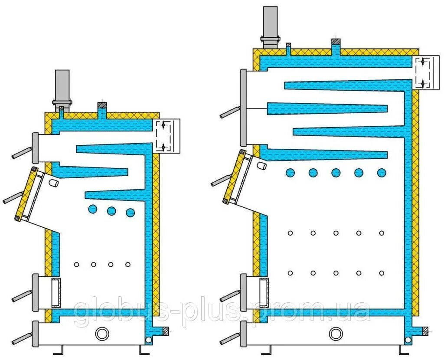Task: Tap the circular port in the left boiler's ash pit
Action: coord(102,334)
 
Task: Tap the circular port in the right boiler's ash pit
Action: coord(335,334)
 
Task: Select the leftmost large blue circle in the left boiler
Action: coord(92,209)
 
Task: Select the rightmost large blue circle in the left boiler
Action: coord(130,213)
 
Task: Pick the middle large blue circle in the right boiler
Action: coord(336,173)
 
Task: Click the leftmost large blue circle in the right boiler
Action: coord(290,173)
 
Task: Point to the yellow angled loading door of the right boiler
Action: coord(234,176)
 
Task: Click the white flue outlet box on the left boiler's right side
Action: coord(167,136)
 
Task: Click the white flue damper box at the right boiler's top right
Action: coord(423,72)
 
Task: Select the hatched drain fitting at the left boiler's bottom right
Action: coord(165,331)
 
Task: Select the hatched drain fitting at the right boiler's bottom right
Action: coord(425,331)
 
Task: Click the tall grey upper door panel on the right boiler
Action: coord(244,108)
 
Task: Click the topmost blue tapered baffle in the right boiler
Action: coord(347,85)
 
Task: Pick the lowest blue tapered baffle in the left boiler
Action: coord(115,196)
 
